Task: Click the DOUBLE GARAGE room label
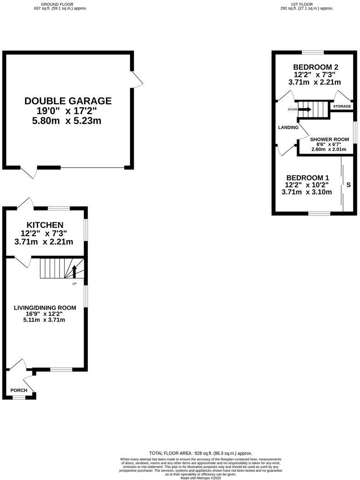[x=68, y=101]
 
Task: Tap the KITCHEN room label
[x=45, y=225]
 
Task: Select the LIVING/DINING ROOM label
[x=44, y=308]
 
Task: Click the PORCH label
[x=19, y=390]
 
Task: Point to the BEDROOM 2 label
[x=315, y=67]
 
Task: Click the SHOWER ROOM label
[x=329, y=140]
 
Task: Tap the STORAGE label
[x=342, y=106]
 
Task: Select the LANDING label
[x=288, y=127]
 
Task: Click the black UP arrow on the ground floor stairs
[x=75, y=271]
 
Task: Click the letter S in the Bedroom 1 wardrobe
[x=349, y=185]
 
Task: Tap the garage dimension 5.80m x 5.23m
[x=68, y=121]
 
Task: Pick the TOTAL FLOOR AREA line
[x=200, y=453]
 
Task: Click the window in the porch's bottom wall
[x=19, y=398]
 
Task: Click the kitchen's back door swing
[x=25, y=204]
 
